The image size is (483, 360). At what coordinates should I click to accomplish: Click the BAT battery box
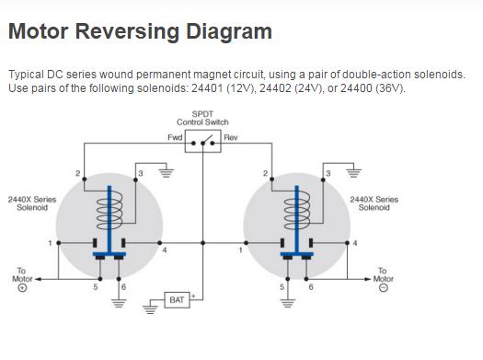(177, 300)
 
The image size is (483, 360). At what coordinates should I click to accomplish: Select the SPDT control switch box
(203, 141)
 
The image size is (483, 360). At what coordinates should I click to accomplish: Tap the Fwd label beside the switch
(175, 137)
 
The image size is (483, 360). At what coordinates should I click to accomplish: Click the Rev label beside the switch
(231, 137)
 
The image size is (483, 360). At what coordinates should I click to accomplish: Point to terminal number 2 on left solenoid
(78, 173)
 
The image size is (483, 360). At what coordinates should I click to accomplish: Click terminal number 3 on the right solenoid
(328, 173)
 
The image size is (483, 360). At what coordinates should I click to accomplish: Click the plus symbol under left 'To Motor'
(22, 288)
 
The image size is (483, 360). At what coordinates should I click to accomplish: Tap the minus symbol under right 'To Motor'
(384, 288)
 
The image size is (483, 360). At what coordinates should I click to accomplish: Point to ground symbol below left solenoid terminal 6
(119, 303)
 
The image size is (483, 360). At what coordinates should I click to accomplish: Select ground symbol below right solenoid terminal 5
(287, 303)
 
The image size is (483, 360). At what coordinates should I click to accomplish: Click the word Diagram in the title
(229, 31)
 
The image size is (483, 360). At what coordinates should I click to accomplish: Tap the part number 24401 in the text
(207, 88)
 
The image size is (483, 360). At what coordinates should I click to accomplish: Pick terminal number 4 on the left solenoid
(165, 250)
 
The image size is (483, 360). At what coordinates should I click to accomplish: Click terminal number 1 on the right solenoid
(240, 250)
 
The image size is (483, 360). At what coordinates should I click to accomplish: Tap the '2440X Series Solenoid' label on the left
(32, 203)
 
